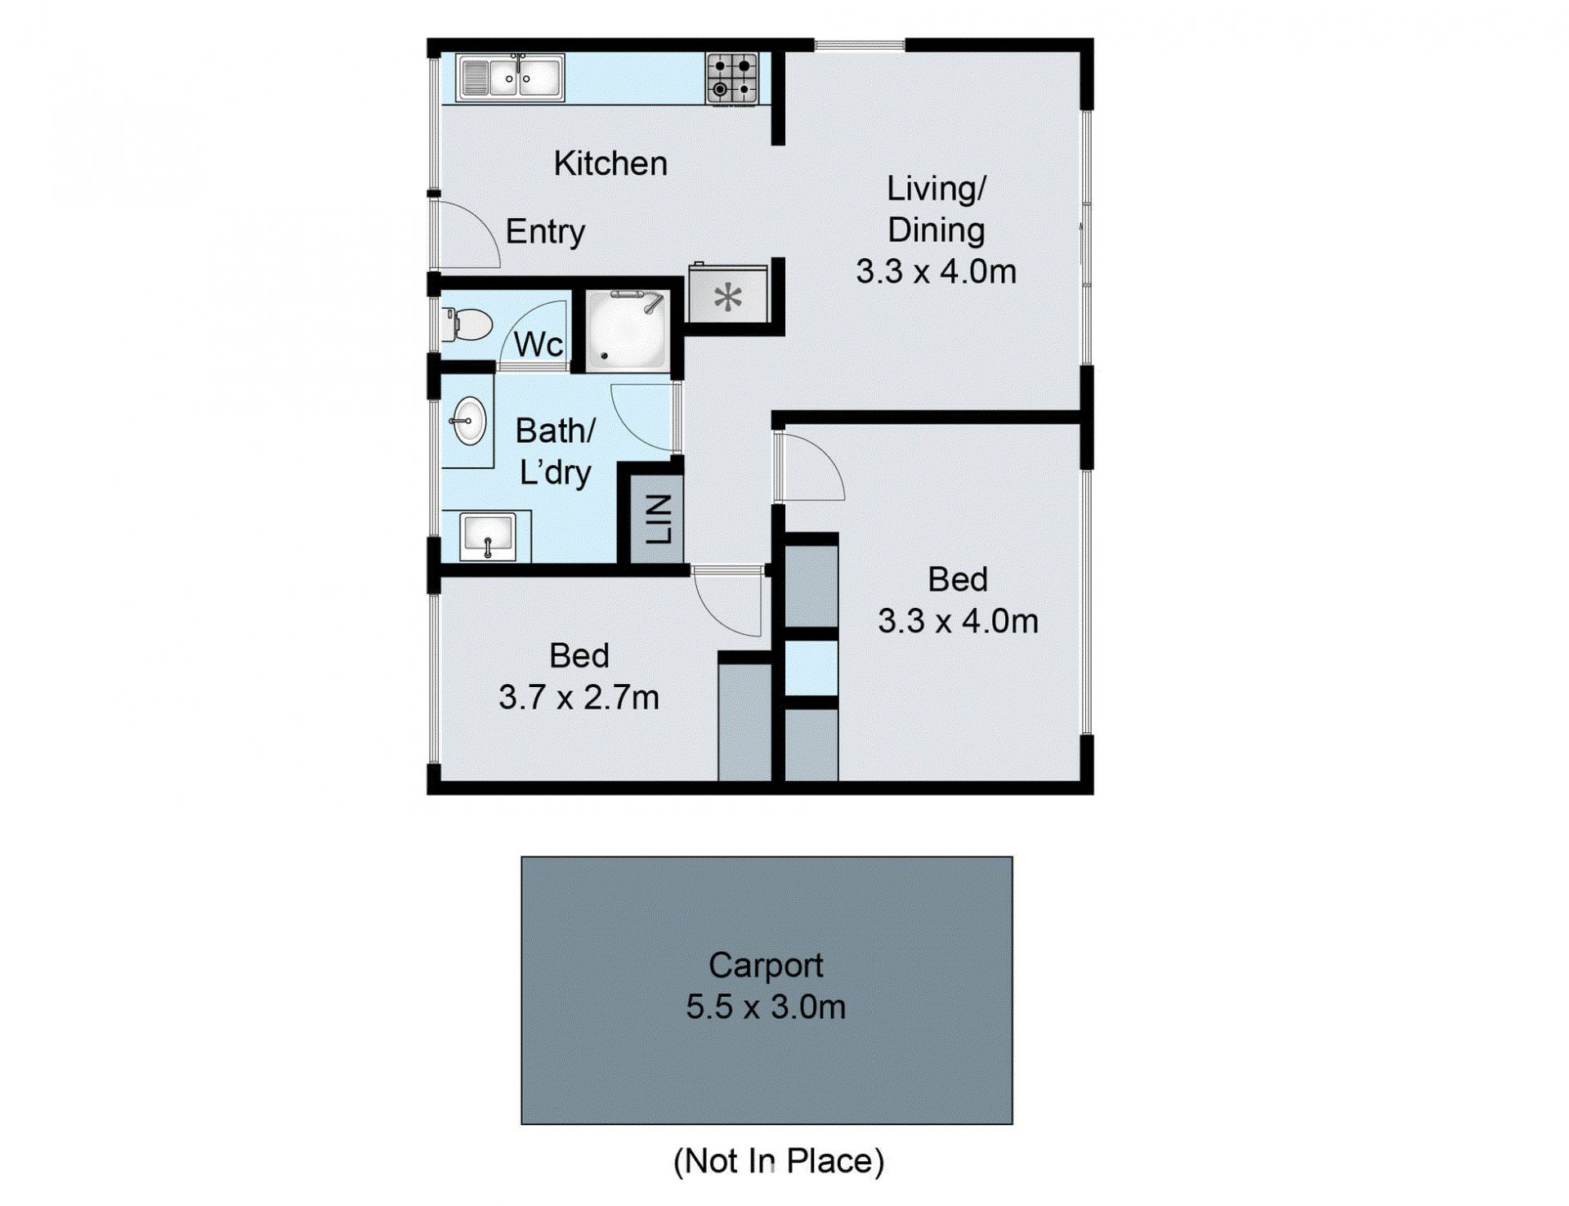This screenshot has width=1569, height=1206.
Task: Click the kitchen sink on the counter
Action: point(510,78)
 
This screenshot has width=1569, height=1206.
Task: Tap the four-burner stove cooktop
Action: point(732,78)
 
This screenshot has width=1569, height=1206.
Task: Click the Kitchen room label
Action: point(610,163)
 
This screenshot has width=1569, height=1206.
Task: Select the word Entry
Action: point(545,231)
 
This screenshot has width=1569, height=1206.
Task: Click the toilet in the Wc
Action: point(466,324)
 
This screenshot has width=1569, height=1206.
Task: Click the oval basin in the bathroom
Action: point(469,421)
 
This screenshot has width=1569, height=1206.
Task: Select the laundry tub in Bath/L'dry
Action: point(487,536)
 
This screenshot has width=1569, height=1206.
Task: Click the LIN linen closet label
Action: point(659,519)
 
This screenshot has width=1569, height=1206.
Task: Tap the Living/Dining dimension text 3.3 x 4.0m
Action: point(936,271)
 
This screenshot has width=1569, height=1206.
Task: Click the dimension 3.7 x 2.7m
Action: point(579,698)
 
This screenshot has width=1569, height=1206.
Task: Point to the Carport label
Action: point(766,966)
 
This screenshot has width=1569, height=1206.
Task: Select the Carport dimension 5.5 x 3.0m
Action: point(766,1007)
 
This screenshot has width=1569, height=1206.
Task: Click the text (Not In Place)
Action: point(779,1161)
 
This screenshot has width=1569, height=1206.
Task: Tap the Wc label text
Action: point(539,345)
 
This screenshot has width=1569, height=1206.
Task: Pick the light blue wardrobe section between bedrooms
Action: point(811,668)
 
